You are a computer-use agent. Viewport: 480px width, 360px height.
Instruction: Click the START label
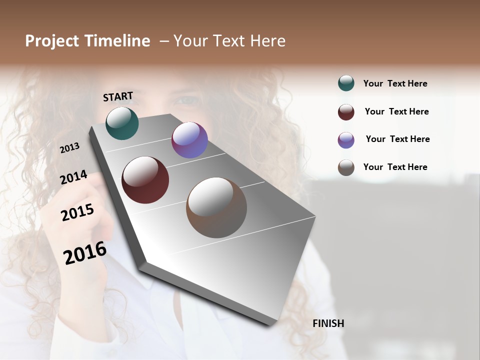click(118, 96)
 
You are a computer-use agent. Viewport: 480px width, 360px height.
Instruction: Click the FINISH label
click(328, 323)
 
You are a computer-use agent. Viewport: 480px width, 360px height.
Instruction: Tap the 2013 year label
click(70, 147)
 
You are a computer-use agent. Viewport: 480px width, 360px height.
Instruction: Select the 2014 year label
click(73, 177)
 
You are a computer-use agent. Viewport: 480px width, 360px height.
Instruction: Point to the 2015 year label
click(77, 212)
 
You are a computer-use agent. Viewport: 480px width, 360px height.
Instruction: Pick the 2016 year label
click(85, 252)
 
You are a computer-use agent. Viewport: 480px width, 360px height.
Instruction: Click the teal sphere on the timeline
click(122, 123)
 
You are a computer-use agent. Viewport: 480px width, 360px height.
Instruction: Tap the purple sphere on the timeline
click(189, 140)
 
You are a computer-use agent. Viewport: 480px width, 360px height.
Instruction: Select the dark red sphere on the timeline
click(145, 180)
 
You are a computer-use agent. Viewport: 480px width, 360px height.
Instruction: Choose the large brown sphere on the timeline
click(216, 207)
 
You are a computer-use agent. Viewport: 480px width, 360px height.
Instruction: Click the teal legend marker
click(346, 83)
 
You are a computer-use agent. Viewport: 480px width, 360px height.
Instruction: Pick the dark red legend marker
click(346, 112)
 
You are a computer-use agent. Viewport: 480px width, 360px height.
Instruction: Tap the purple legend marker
click(346, 140)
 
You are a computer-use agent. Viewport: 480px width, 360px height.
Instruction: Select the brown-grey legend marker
click(346, 167)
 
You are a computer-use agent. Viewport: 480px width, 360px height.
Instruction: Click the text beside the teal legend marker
click(395, 83)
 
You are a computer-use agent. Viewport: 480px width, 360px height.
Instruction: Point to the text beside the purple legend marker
click(397, 139)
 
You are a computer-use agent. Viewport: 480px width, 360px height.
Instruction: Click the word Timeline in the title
click(116, 41)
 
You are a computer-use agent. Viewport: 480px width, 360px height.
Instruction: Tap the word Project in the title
click(52, 41)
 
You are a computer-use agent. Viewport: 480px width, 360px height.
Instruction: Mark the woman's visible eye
click(187, 100)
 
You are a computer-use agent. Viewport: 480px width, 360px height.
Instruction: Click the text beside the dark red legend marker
click(396, 111)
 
